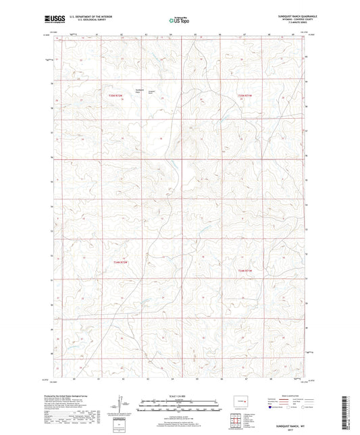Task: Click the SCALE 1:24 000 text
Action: coord(178,395)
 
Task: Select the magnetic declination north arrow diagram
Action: coord(124,404)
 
